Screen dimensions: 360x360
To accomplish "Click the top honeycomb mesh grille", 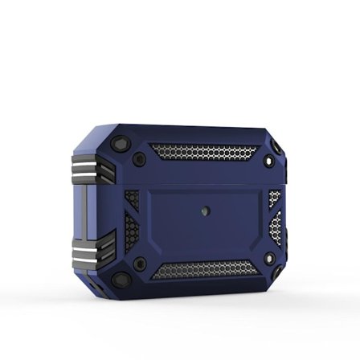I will point(204,152).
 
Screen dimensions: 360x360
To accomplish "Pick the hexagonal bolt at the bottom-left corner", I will point(121,280).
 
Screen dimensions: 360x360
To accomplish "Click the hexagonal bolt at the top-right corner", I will point(276,148).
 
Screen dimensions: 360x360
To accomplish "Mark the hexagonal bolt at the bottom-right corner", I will point(275,277).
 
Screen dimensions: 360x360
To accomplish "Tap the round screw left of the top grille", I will point(140,159).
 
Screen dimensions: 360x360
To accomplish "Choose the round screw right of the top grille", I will point(269,163).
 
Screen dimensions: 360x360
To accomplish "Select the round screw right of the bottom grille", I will point(268,259).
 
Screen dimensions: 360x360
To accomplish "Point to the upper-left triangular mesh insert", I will point(132,198).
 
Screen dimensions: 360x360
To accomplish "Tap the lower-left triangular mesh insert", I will point(132,234).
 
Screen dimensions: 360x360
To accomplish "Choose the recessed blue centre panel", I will point(205,221).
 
